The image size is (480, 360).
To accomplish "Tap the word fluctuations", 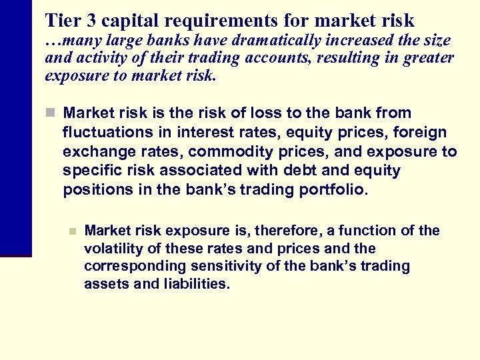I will [x=104, y=132].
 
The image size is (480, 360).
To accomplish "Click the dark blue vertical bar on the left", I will [x=15, y=127].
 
